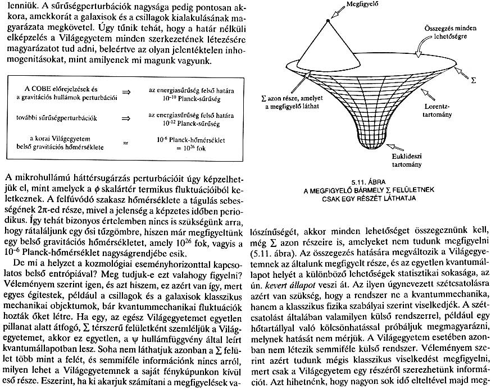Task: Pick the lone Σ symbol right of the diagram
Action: (472, 80)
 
